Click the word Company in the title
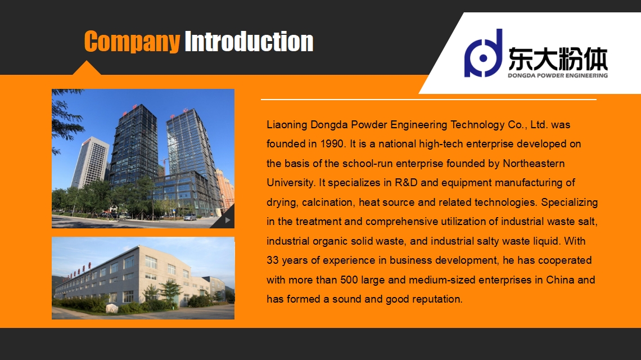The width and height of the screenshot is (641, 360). pyautogui.click(x=132, y=42)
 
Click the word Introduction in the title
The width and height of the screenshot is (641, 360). pyautogui.click(x=249, y=41)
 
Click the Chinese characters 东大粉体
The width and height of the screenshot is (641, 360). pyautogui.click(x=558, y=59)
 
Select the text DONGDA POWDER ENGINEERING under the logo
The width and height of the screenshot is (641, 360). pyautogui.click(x=558, y=75)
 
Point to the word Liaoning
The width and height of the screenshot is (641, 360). pyautogui.click(x=287, y=125)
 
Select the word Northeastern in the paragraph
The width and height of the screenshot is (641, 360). pyautogui.click(x=534, y=163)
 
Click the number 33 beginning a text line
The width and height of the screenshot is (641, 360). pyautogui.click(x=273, y=260)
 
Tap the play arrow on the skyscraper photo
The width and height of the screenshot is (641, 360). pyautogui.click(x=228, y=220)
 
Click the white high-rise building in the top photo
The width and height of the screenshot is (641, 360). pyautogui.click(x=91, y=162)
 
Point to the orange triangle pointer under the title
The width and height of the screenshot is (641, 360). pyautogui.click(x=87, y=68)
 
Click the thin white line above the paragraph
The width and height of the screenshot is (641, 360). pyautogui.click(x=428, y=100)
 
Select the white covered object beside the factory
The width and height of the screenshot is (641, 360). pyautogui.click(x=112, y=308)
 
